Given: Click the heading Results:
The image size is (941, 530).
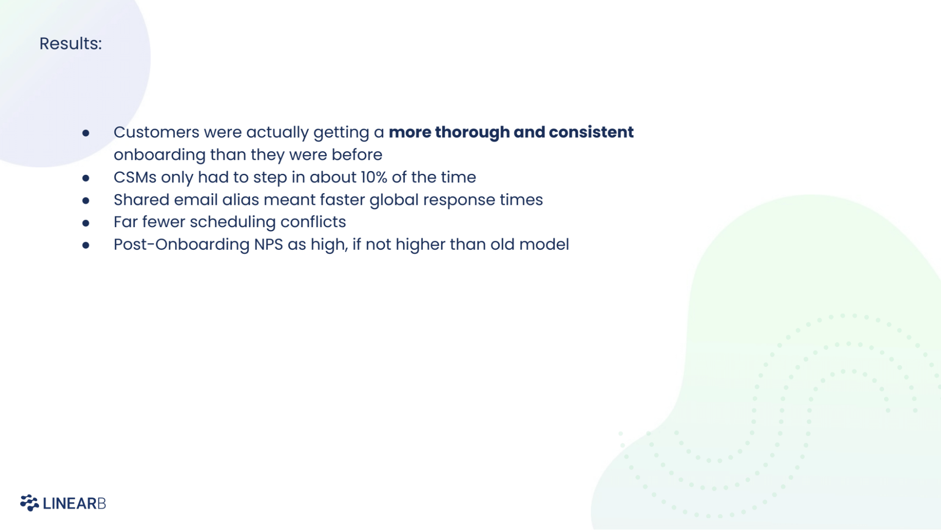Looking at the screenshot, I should coord(71,44).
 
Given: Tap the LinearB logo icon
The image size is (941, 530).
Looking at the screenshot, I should coord(29,503).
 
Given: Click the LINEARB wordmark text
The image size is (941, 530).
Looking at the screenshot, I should coord(74,504).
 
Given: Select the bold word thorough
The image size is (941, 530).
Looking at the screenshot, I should coord(472,132).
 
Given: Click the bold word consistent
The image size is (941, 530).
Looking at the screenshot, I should coord(591,132).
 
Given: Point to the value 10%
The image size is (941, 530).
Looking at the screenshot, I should coord(374,177).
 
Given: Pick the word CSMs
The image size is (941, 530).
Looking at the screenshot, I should coord(135,177).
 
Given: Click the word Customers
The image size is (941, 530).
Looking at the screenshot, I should coord(156,132).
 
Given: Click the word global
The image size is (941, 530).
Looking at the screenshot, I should coord(394,200).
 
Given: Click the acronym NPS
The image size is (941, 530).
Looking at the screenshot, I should coord(268,245).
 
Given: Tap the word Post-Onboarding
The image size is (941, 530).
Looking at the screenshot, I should coord(181,245).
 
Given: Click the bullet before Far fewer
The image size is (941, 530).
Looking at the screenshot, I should coord(86,223).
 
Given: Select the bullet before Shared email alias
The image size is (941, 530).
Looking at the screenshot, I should coord(86,201).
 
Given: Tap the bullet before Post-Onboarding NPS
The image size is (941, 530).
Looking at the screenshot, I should coord(86,245).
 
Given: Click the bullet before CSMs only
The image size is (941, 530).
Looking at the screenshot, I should coord(86,178).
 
